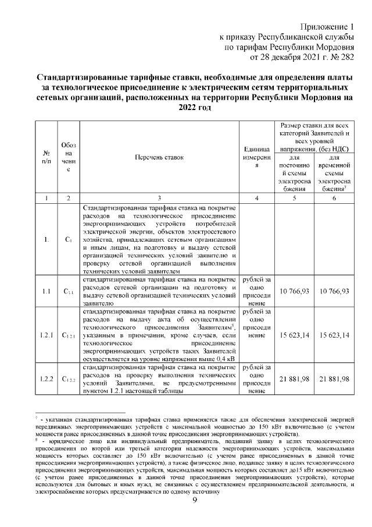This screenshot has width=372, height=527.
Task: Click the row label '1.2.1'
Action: click(x=46, y=335)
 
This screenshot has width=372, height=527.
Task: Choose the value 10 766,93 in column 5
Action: click(x=294, y=291)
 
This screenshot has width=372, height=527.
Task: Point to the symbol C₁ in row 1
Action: click(x=69, y=239)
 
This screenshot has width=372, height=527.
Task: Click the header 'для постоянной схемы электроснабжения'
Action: click(x=294, y=174)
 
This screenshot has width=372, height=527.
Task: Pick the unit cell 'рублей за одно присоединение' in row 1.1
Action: click(x=256, y=291)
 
